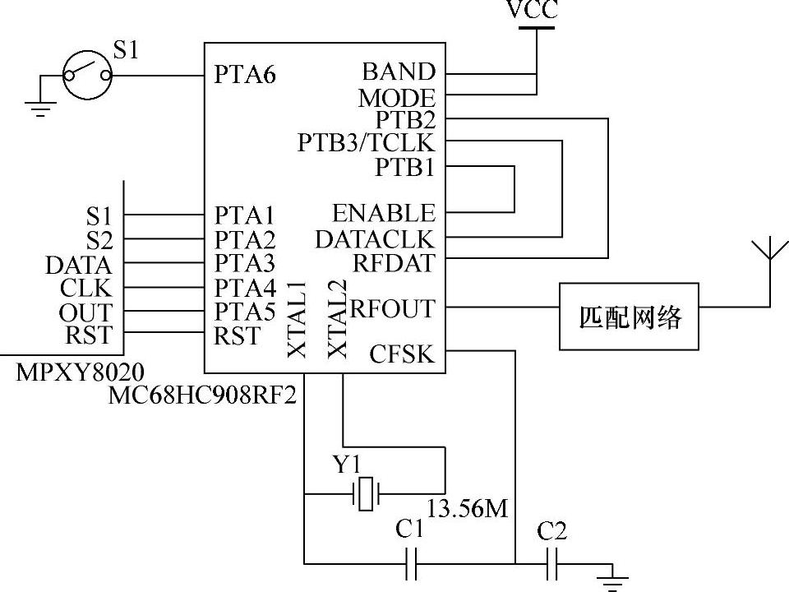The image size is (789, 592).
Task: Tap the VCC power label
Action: (x=533, y=10)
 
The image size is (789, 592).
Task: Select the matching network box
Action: (x=630, y=317)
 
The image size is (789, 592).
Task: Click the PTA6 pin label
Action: (x=245, y=75)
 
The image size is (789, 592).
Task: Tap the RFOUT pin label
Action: (x=392, y=309)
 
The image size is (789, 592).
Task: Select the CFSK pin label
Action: (x=401, y=354)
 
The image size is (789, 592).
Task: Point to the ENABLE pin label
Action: (x=383, y=214)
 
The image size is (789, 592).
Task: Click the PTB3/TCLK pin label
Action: (x=366, y=143)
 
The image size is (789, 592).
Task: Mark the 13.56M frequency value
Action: (x=468, y=509)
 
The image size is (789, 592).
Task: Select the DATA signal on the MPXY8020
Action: (x=78, y=266)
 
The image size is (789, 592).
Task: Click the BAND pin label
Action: (x=399, y=72)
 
